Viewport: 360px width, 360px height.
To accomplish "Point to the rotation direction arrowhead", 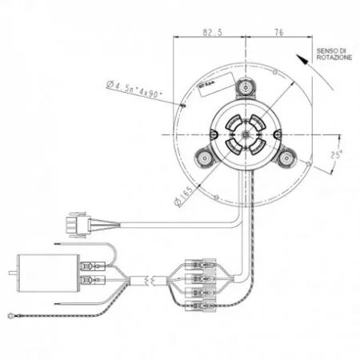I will tap(300, 58).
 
